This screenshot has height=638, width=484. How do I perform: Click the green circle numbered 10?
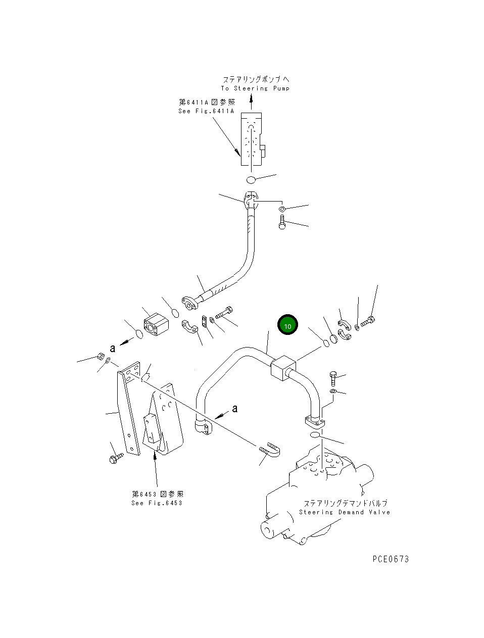click(287, 324)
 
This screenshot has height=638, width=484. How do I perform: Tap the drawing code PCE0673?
click(391, 559)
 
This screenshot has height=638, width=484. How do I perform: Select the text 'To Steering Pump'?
click(255, 88)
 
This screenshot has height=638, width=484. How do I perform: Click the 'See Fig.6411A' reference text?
click(206, 111)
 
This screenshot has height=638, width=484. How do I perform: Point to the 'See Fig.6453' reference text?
click(157, 503)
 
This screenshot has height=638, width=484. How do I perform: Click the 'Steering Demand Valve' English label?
click(345, 520)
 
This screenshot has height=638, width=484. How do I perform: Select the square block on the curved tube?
click(283, 368)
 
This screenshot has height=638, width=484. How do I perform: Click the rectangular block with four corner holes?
click(157, 324)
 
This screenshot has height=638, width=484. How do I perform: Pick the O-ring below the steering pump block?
click(251, 180)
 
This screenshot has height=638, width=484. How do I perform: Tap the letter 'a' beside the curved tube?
click(235, 408)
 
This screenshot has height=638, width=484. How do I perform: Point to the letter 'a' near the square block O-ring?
click(113, 348)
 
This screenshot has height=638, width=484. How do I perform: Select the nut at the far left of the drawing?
click(101, 356)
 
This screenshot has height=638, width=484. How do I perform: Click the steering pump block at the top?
click(252, 139)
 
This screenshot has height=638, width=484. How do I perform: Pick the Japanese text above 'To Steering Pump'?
click(256, 79)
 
